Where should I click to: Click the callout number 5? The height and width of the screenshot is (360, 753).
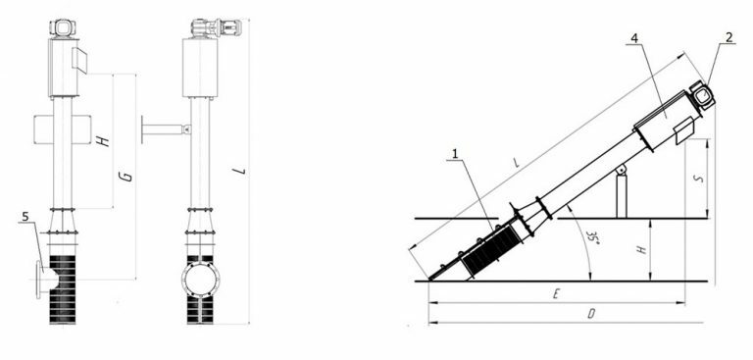tap(25, 217)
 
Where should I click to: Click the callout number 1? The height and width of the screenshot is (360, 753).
tap(455, 154)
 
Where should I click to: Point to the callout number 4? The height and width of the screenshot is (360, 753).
tap(634, 38)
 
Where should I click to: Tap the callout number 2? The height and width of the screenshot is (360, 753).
tap(729, 37)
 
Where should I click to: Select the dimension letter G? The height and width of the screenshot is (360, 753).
tap(126, 176)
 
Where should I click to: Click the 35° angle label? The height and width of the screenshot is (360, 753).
tap(593, 237)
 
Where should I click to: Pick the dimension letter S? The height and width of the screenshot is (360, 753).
tap(699, 178)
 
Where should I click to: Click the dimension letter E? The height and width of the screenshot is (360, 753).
tap(556, 294)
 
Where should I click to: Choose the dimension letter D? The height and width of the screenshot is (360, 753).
tap(591, 314)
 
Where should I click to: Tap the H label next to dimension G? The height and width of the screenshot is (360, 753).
tap(103, 141)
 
